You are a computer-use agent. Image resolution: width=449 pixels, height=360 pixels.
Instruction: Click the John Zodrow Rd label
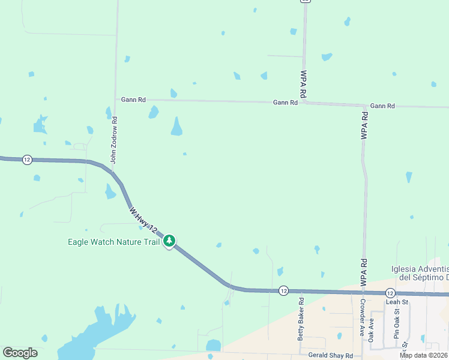(113, 140)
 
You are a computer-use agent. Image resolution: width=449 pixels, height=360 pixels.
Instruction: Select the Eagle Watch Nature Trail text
(113, 242)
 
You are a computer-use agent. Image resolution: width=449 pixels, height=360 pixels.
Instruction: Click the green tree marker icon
(170, 241)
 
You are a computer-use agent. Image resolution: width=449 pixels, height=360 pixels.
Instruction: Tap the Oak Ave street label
(371, 329)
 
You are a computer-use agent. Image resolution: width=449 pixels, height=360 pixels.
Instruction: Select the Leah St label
(397, 302)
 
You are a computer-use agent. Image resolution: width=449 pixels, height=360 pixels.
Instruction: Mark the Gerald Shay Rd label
(330, 356)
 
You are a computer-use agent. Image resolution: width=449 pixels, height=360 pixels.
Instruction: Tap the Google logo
(20, 353)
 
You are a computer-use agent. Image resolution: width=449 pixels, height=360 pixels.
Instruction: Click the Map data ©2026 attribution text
(424, 355)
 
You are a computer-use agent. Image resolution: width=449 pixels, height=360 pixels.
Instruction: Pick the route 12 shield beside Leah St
(390, 292)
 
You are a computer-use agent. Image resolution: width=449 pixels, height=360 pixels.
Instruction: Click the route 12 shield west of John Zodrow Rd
(27, 159)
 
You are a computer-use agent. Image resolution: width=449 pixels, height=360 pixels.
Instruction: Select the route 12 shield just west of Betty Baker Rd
(283, 290)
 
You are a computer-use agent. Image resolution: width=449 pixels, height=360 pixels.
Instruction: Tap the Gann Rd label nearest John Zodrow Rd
(133, 100)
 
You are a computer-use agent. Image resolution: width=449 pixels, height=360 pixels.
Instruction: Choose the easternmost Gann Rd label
(382, 106)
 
